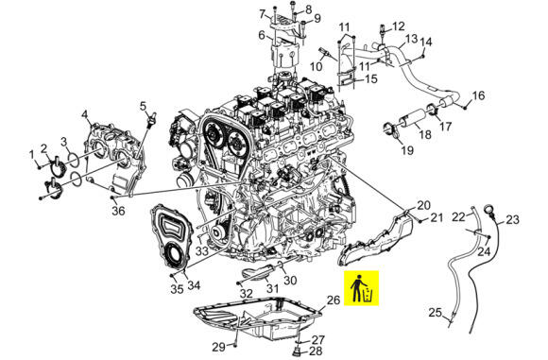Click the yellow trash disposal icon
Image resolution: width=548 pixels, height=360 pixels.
(x=361, y=288)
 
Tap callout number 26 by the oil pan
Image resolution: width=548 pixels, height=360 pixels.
(x=334, y=300)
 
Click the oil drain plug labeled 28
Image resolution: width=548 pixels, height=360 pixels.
(x=297, y=351)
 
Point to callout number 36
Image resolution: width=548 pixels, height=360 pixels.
(x=119, y=211)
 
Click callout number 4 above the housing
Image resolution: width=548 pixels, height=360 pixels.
(x=85, y=114)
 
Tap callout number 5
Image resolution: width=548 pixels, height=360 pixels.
(x=143, y=106)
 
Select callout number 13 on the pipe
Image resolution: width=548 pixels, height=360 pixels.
(x=412, y=39)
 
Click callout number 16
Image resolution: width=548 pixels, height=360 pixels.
(x=478, y=95)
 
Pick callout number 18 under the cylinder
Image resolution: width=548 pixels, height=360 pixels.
(x=425, y=134)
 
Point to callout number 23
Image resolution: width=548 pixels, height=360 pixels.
(x=513, y=220)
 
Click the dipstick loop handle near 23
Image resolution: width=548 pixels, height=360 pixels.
(x=488, y=211)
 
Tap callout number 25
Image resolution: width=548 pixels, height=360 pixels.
(x=436, y=312)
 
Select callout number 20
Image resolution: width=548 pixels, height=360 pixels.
(x=424, y=205)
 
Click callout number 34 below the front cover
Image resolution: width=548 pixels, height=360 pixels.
(x=194, y=285)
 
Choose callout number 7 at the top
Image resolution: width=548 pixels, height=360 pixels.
(x=262, y=14)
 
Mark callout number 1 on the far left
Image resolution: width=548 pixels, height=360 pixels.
(x=32, y=154)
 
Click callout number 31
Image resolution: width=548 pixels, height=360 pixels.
(x=273, y=288)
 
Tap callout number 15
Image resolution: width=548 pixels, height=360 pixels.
(x=370, y=79)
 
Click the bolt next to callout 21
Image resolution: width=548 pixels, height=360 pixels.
(x=420, y=220)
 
